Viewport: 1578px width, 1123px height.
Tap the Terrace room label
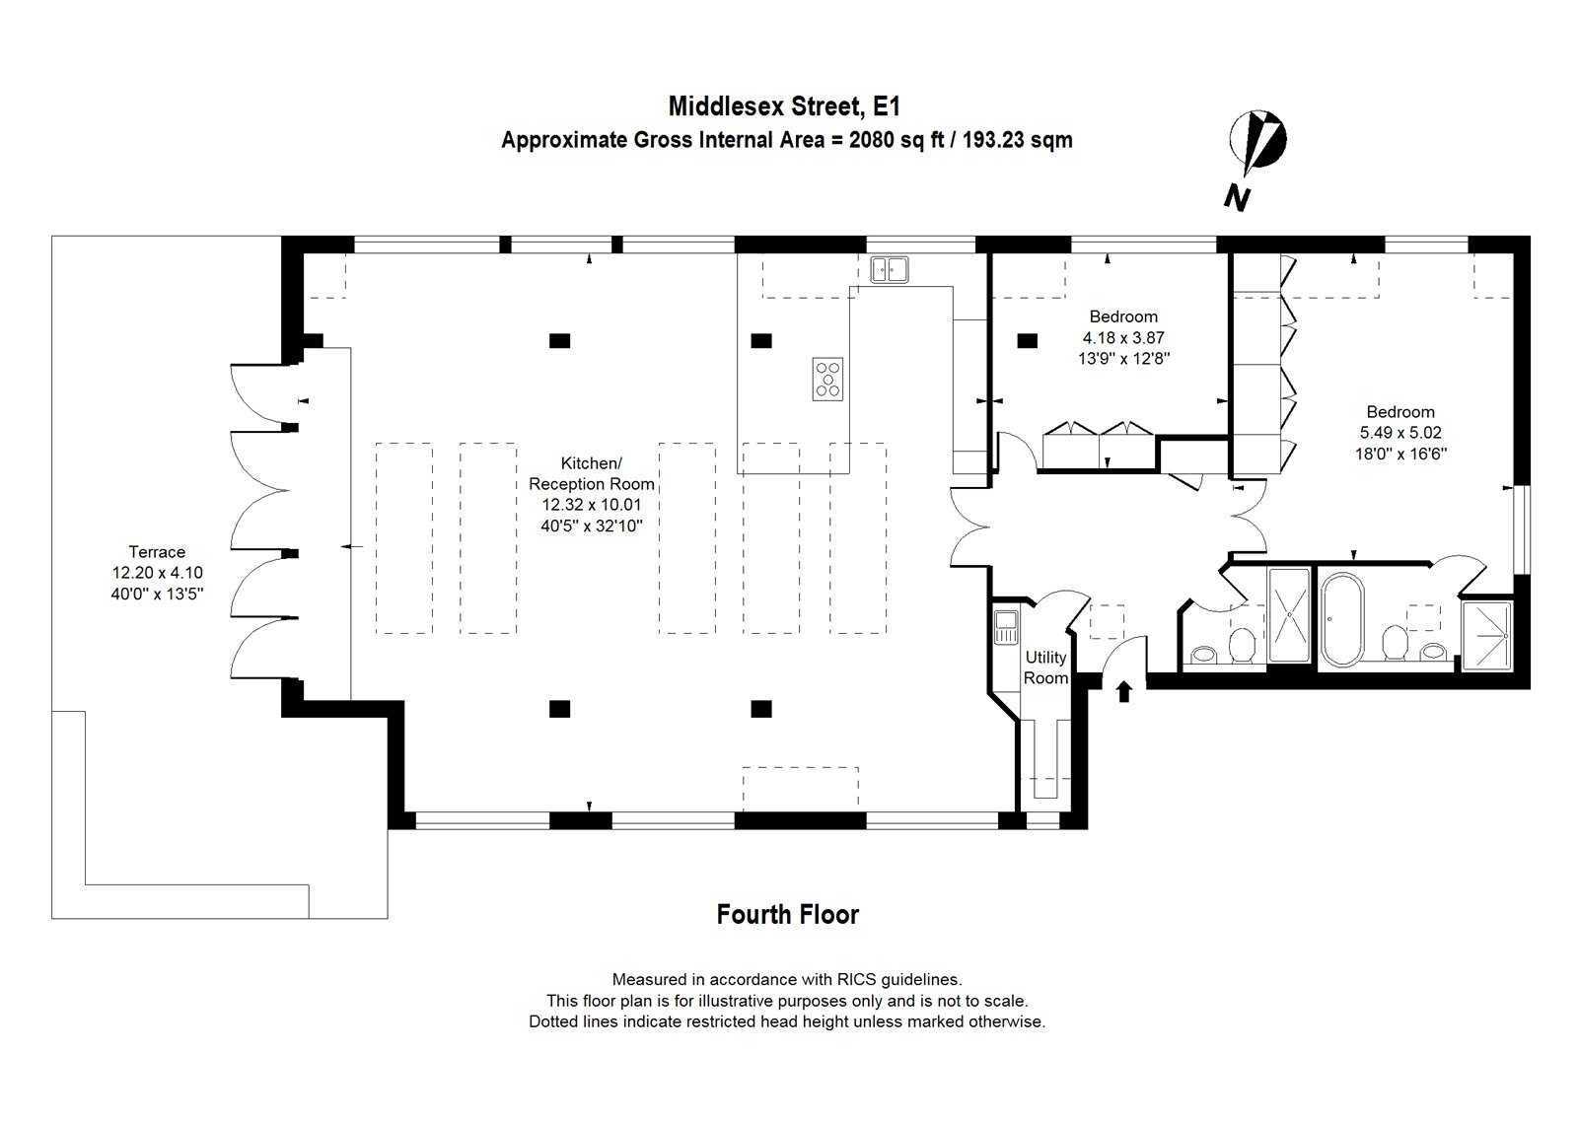(x=157, y=552)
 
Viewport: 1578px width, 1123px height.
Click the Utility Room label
(x=1045, y=667)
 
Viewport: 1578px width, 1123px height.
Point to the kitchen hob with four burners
(x=827, y=379)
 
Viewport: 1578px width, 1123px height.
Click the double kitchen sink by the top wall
(x=890, y=269)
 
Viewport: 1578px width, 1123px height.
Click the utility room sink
(x=1006, y=627)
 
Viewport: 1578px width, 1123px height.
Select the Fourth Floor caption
(x=788, y=915)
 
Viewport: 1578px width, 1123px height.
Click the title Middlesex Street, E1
(x=785, y=105)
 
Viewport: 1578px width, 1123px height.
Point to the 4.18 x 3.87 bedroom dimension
(x=1123, y=337)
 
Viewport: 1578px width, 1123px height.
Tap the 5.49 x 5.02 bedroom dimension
(x=1399, y=432)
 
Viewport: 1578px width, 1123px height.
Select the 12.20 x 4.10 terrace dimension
(x=157, y=572)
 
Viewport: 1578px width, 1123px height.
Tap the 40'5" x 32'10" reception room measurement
(x=591, y=526)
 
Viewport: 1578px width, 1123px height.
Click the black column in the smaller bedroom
(x=1028, y=341)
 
